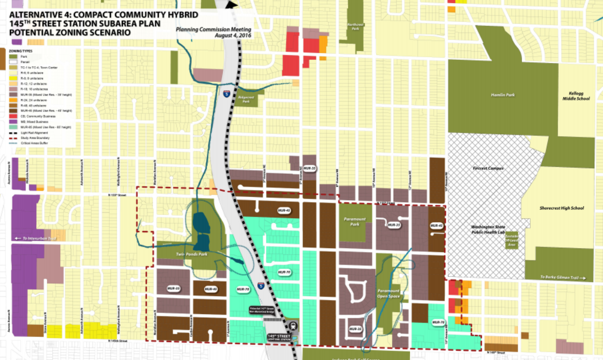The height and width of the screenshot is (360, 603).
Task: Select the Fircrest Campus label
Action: (487, 169)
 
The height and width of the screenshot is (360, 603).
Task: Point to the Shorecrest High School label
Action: (561, 208)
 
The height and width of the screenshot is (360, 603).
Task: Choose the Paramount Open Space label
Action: (387, 293)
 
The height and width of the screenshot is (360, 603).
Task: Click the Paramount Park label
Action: (354, 222)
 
